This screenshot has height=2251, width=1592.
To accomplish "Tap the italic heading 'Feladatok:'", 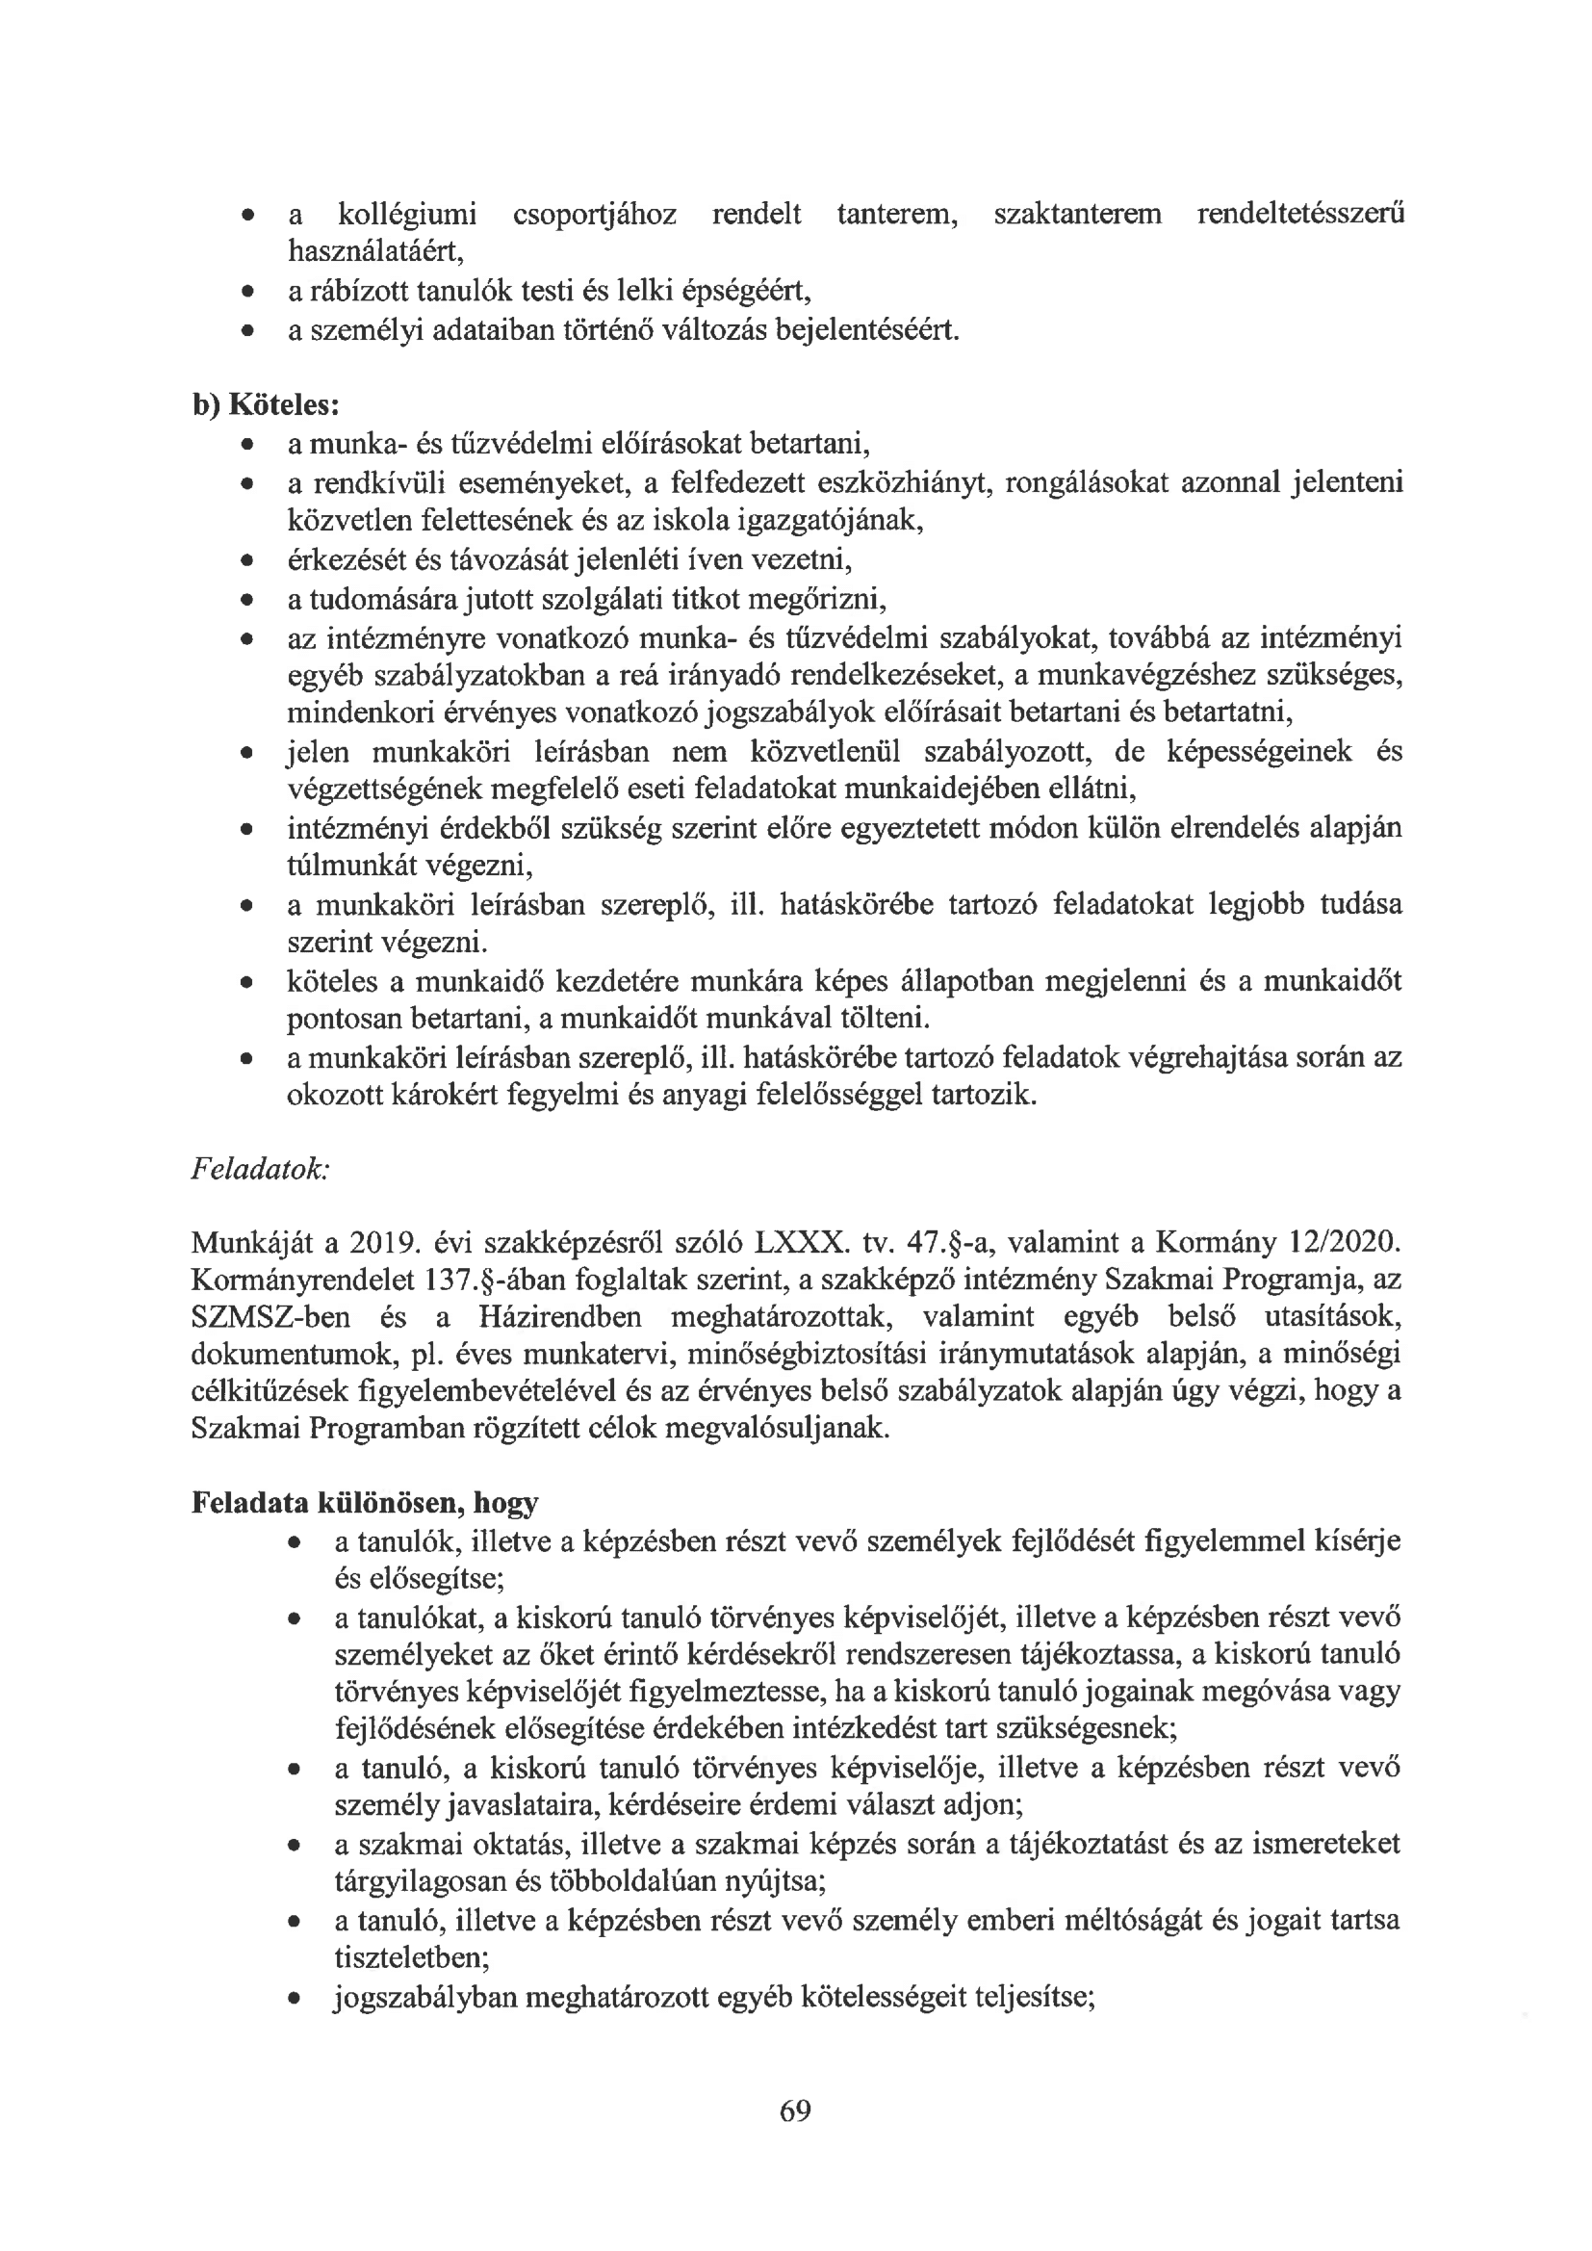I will tap(260, 1170).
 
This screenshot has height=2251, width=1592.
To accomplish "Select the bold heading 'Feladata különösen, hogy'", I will tap(365, 1503).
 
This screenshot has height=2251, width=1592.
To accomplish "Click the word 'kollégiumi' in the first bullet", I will tap(406, 214).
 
